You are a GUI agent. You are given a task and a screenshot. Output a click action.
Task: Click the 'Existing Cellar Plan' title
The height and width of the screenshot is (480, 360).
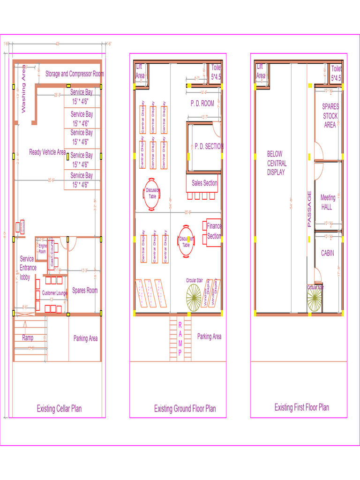pyautogui.click(x=59, y=408)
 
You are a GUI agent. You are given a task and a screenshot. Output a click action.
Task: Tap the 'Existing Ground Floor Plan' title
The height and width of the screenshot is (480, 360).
pyautogui.click(x=185, y=409)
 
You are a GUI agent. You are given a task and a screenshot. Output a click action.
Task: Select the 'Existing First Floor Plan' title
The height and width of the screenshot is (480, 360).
pyautogui.click(x=302, y=407)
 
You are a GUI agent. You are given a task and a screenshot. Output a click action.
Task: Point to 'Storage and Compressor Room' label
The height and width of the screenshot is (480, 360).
pyautogui.click(x=75, y=74)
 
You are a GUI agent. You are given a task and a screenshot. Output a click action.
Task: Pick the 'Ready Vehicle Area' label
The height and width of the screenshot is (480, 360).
pyautogui.click(x=47, y=152)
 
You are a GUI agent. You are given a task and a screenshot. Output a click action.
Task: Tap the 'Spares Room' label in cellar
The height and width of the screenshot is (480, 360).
pyautogui.click(x=85, y=291)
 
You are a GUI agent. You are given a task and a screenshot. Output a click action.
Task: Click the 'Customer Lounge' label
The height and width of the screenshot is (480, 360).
pyautogui.click(x=54, y=293)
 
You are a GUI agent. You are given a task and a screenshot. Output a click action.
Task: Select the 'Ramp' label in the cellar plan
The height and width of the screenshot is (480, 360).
pyautogui.click(x=28, y=337)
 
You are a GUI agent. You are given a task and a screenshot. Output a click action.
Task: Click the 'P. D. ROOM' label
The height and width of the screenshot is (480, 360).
pyautogui.click(x=202, y=103)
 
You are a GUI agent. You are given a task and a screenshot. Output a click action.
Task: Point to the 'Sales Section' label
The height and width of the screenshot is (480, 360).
pyautogui.click(x=204, y=183)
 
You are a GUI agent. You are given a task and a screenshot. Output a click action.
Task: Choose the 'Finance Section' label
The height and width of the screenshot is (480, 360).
pyautogui.click(x=214, y=231)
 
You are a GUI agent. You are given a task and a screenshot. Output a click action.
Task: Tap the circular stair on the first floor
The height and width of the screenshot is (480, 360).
pyautogui.click(x=315, y=299)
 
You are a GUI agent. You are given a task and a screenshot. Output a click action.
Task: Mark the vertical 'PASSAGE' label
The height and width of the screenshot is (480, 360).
pyautogui.click(x=309, y=209)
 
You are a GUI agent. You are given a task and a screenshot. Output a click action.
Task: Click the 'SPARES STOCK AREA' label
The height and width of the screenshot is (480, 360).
pyautogui.click(x=330, y=116)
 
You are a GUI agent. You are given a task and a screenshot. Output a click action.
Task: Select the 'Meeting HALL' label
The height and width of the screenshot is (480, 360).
pyautogui.click(x=328, y=202)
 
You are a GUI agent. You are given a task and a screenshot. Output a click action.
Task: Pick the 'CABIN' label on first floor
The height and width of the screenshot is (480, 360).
pyautogui.click(x=328, y=253)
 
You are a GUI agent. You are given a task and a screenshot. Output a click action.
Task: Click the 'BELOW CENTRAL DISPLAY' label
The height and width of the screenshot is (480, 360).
pyautogui.click(x=277, y=163)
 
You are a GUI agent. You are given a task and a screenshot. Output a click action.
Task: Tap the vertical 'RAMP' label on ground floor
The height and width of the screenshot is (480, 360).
pyautogui.click(x=180, y=339)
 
